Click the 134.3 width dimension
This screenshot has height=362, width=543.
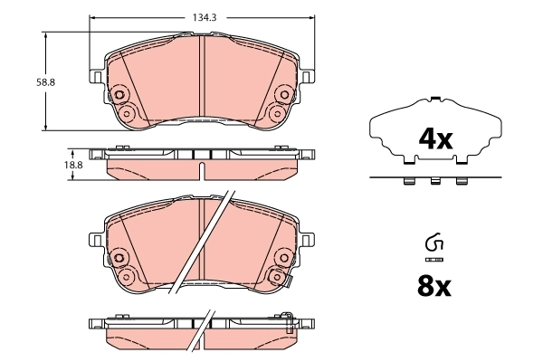(x=204, y=15)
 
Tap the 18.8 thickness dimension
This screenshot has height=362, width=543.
(x=75, y=166)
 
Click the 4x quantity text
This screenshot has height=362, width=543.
(x=433, y=139)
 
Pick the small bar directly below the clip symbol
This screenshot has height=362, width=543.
(x=433, y=259)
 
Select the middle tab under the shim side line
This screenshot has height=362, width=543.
(x=434, y=183)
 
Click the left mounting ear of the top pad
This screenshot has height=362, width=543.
(x=95, y=75)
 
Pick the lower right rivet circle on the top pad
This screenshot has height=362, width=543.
(x=279, y=113)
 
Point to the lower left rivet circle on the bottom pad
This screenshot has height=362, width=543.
(x=128, y=277)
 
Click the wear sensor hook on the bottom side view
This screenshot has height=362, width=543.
(x=288, y=317)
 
